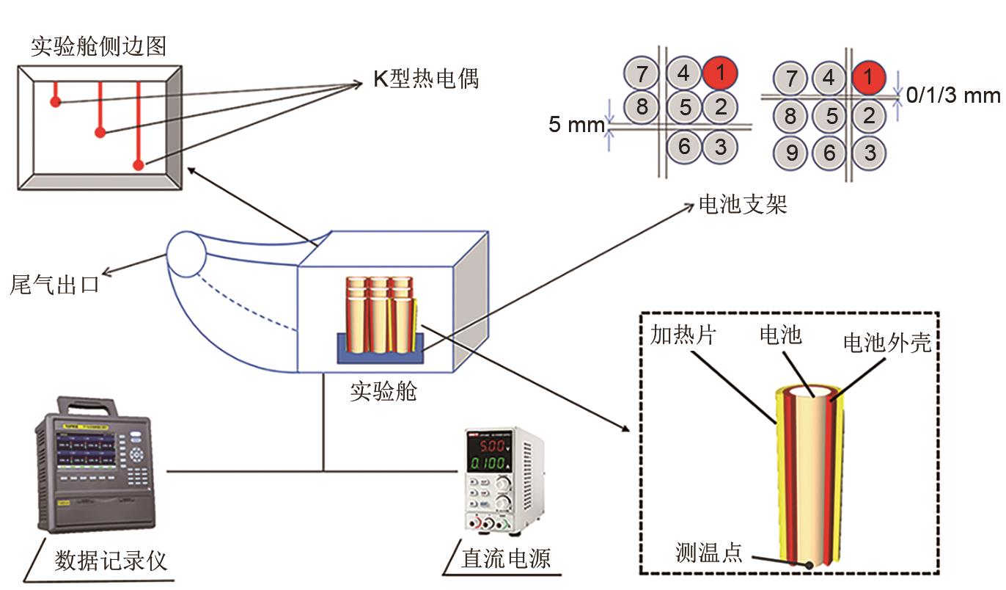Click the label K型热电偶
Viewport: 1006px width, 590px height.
pos(425,79)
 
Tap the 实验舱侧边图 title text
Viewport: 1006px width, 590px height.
pos(98,46)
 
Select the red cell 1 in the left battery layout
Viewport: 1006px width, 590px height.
pos(720,73)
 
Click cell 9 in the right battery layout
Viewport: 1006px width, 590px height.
pos(790,153)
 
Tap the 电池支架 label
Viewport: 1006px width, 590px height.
pos(742,204)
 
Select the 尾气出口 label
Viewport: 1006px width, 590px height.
pos(54,284)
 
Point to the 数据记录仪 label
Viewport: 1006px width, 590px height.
pos(111,561)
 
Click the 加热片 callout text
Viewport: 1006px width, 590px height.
pos(683,336)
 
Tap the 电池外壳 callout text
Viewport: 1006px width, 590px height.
pos(887,343)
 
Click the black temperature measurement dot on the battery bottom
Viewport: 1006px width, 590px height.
pos(807,566)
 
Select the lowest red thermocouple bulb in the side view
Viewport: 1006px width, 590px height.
pos(139,165)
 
